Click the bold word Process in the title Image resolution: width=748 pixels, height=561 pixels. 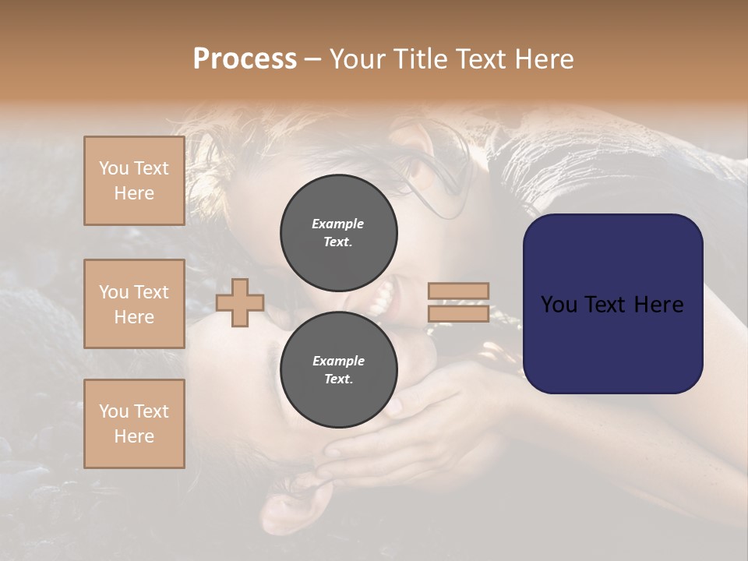(245, 59)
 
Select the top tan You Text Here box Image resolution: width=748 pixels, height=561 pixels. (134, 181)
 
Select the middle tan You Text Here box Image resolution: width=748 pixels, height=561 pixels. (134, 304)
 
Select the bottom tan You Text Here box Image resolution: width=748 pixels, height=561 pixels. (134, 423)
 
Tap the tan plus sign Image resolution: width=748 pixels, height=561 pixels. (240, 302)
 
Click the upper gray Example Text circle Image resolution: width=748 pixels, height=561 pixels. (338, 232)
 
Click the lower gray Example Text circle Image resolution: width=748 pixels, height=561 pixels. (338, 369)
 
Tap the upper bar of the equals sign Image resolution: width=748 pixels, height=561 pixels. (459, 291)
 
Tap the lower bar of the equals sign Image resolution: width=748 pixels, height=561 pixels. (459, 313)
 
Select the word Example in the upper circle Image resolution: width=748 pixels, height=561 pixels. (338, 224)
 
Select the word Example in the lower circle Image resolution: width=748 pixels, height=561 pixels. (338, 361)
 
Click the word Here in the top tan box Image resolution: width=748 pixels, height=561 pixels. (134, 193)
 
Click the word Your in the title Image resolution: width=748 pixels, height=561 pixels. (359, 59)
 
